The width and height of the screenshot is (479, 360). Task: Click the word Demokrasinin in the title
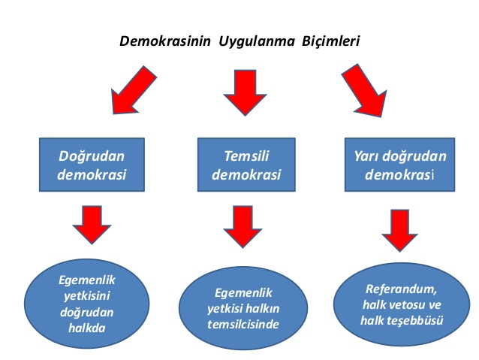tap(165, 41)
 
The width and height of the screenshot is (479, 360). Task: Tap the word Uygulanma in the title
tap(257, 42)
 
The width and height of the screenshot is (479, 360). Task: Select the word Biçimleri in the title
tap(331, 41)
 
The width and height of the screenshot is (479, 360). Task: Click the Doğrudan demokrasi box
tap(92, 165)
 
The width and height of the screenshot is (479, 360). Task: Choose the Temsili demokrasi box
tap(246, 165)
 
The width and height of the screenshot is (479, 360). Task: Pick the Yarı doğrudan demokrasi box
tap(399, 165)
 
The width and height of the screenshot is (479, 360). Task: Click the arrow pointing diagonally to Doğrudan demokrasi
tap(133, 90)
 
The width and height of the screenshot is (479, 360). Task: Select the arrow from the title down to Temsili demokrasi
tap(245, 92)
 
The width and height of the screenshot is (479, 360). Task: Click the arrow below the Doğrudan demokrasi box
tap(92, 225)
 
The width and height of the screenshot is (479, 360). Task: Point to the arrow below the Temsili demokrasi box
tap(243, 226)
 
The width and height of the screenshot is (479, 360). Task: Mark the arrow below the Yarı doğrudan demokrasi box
tap(399, 231)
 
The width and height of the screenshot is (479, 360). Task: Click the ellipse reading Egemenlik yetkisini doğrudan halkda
tap(87, 304)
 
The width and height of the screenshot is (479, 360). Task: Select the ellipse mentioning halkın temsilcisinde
tap(243, 308)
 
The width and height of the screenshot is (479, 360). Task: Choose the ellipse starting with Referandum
tap(402, 304)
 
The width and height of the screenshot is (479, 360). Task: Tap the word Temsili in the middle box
tap(246, 156)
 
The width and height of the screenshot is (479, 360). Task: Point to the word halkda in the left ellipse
tap(87, 328)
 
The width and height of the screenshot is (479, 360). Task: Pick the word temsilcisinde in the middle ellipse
tap(243, 324)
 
